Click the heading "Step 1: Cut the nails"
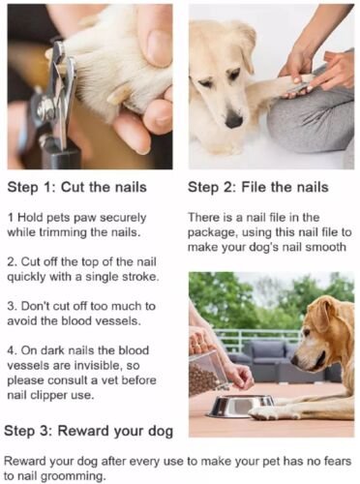[x=76, y=188]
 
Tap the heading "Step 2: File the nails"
[x=258, y=188]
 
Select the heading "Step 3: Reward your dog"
[x=89, y=432]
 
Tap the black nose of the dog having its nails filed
[x=234, y=120]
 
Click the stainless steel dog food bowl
[x=241, y=407]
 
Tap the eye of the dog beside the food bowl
[x=307, y=333]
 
